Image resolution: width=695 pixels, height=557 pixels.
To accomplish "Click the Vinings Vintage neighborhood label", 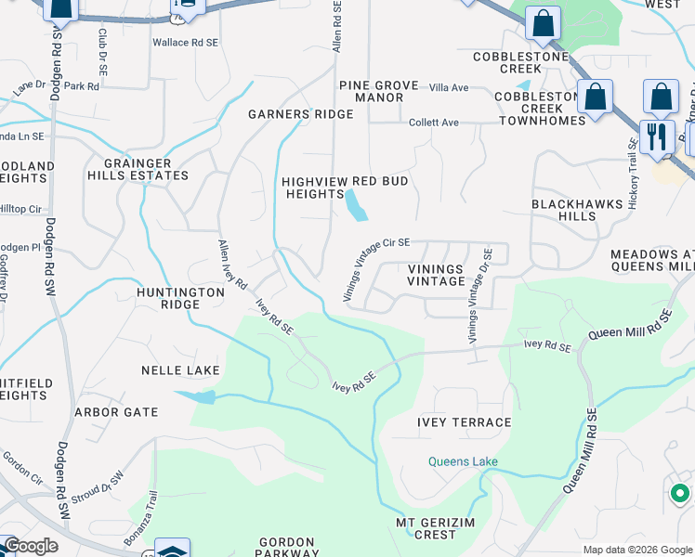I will click(436, 275).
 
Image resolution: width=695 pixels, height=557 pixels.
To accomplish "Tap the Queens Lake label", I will click(463, 461).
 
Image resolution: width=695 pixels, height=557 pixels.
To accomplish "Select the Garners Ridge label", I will click(300, 114).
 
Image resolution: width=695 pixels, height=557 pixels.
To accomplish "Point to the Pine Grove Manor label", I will click(378, 91).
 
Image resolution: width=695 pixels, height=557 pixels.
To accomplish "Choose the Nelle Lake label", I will click(180, 370).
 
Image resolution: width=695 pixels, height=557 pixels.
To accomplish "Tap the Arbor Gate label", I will click(116, 412).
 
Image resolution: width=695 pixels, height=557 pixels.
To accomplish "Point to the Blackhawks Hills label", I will click(563, 209).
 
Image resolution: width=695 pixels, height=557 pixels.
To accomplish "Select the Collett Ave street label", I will click(435, 123).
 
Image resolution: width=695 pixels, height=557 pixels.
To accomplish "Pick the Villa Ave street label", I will click(449, 87).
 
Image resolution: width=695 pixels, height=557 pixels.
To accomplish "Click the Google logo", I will click(31, 546).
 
